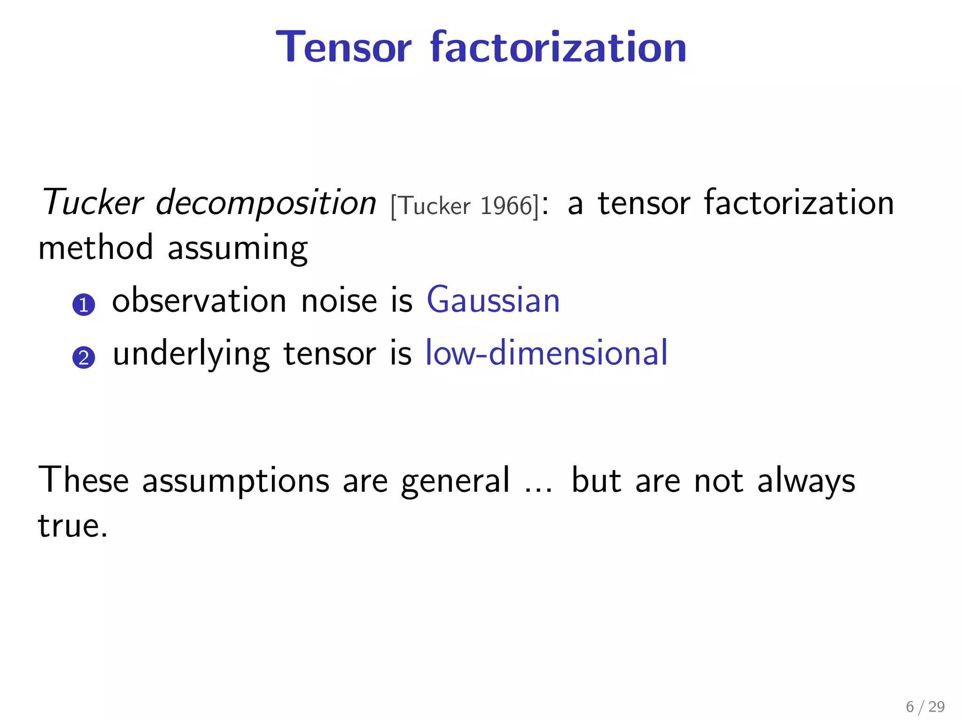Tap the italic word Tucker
pos(92,203)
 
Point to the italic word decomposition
pos(266,203)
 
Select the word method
pos(95,247)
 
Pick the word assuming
pos(238,249)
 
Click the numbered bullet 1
pos(84,305)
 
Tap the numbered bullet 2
pos(84,358)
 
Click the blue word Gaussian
pos(493,300)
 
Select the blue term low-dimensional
pos(546,353)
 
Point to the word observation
pos(199,300)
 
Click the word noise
pos(339,300)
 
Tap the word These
pos(83,480)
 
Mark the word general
pos(455,481)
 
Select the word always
pos(806,481)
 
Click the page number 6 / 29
pos(925,706)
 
